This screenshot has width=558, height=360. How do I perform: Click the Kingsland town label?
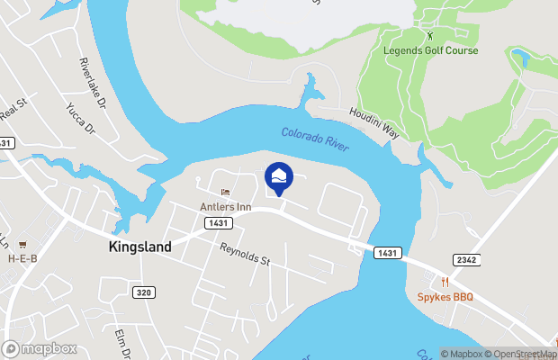point(139,247)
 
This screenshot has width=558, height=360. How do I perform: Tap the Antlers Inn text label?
point(225,207)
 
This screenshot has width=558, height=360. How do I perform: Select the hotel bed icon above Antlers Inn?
point(225,193)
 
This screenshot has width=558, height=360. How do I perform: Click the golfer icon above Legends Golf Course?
point(429,36)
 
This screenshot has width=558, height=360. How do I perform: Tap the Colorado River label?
point(314,138)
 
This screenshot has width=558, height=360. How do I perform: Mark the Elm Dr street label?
point(122,345)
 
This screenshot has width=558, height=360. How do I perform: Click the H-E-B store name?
point(22,258)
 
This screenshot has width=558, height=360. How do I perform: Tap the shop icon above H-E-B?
point(22,245)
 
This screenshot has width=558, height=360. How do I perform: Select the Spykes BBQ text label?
point(444,296)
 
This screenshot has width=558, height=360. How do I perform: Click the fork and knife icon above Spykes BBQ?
point(444,282)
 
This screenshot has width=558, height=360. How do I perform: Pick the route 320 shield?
point(143,292)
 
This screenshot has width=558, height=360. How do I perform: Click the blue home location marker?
point(279,176)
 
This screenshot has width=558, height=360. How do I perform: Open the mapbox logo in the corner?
point(40,348)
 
